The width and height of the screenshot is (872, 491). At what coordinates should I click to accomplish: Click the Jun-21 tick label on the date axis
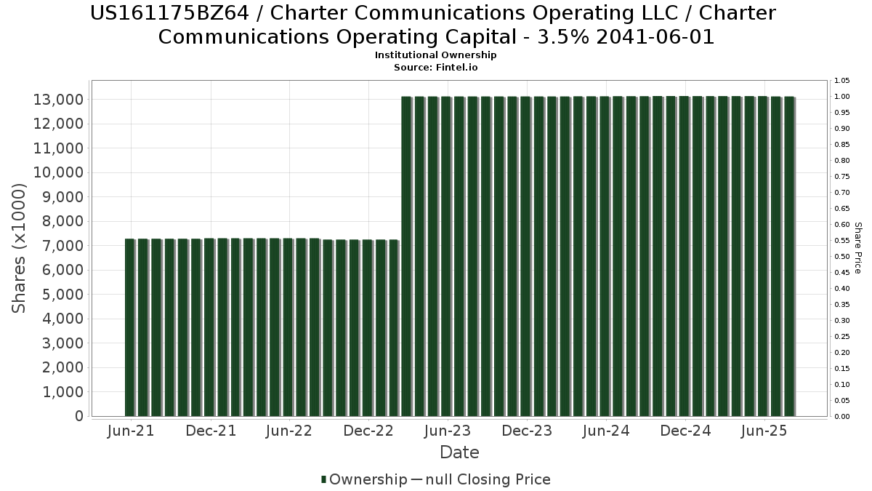coord(131,431)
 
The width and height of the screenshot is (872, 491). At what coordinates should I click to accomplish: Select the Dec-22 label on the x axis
coord(368,431)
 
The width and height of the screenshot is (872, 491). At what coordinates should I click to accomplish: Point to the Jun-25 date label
coord(764,431)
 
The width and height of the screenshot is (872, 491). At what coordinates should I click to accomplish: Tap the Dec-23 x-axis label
coord(527,431)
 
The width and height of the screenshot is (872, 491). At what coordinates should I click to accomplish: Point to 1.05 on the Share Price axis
coord(842,81)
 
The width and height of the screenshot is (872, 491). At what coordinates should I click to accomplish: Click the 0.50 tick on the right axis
coord(842,257)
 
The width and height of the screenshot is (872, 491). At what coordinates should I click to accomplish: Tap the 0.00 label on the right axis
coord(842,417)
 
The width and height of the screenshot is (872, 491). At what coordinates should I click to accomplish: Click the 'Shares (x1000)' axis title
coord(20,248)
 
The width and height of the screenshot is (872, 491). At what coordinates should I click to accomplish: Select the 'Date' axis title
coord(459,452)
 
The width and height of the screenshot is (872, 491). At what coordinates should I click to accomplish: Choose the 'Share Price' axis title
coord(857,248)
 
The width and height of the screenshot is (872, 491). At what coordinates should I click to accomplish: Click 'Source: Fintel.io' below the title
coord(436,67)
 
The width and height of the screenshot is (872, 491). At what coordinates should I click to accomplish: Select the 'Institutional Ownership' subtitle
coord(436,55)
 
